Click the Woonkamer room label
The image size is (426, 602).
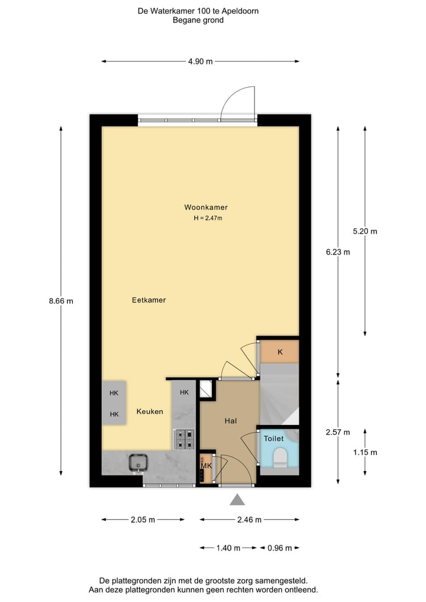206,207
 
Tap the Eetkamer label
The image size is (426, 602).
149,300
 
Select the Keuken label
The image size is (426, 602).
150,411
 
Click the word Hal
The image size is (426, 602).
231,421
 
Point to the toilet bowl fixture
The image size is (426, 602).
279,456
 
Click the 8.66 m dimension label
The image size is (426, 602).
61,300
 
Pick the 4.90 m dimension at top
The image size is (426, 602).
200,61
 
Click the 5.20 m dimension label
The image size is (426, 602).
364,231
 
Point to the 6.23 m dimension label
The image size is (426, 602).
338,252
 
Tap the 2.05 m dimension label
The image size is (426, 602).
143,520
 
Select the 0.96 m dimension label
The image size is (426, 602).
280,548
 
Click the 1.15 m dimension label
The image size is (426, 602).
364,452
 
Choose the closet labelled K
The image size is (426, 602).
280,352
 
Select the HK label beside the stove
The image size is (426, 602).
184,392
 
